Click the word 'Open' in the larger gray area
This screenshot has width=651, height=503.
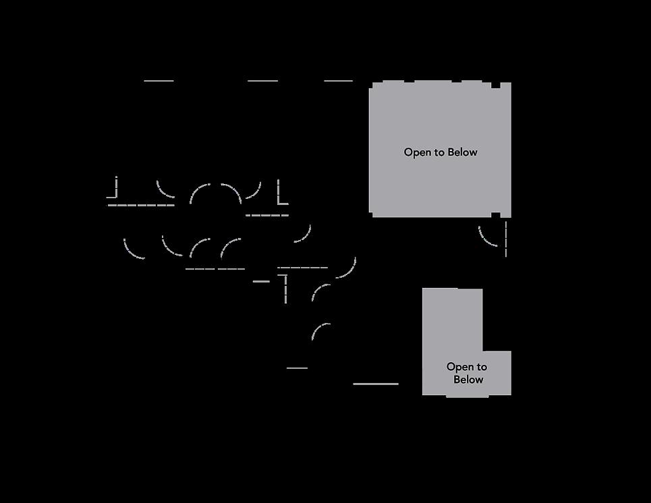tap(417, 152)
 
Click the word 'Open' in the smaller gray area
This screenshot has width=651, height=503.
tap(461, 367)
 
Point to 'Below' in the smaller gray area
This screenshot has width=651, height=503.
tap(468, 380)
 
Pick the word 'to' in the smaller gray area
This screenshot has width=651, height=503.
tap(481, 367)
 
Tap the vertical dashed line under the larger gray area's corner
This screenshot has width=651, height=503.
tap(505, 239)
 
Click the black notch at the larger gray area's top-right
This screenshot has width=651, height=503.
tap(496, 86)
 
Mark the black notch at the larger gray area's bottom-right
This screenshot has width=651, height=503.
tap(496, 215)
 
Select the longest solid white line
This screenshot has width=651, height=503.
tap(376, 384)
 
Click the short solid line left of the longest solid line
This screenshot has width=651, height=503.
tap(297, 368)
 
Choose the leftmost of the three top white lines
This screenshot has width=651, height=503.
tap(159, 81)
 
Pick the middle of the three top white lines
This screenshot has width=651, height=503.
tap(262, 81)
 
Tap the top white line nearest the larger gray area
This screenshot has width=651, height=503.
tap(339, 81)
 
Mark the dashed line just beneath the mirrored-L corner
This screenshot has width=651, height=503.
tap(141, 205)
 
